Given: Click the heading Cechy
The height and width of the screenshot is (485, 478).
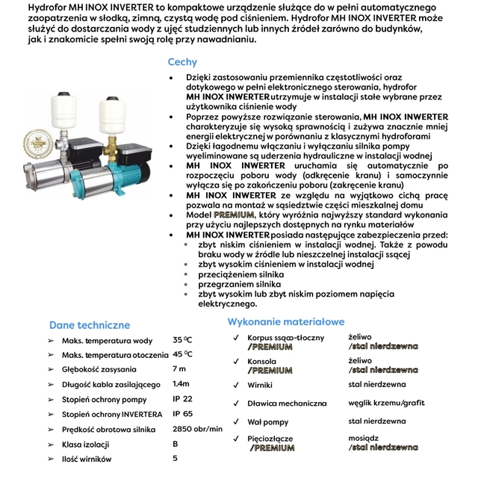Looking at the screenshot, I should point(182,63).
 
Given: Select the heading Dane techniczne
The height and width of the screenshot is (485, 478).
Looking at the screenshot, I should point(90,325).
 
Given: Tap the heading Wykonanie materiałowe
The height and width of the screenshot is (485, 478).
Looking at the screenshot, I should point(286,322).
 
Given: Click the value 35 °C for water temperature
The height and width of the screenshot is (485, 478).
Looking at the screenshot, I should point(182,339).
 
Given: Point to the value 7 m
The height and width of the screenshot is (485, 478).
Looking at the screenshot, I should point(179,369).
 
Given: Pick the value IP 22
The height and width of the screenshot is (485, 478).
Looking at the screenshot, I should point(182,399).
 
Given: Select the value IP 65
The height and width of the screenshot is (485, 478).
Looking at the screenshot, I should point(182,413).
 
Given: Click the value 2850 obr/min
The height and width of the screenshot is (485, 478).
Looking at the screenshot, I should point(197,429).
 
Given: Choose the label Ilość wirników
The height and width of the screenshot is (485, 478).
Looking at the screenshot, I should point(87,460).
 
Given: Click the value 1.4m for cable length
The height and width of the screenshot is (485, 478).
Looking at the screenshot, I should point(181,384).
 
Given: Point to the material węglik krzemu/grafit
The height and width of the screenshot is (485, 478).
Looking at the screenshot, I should point(386,404).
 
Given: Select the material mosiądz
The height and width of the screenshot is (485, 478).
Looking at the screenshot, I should point(364,439).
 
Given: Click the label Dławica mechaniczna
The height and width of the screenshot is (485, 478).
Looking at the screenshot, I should point(287,404).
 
